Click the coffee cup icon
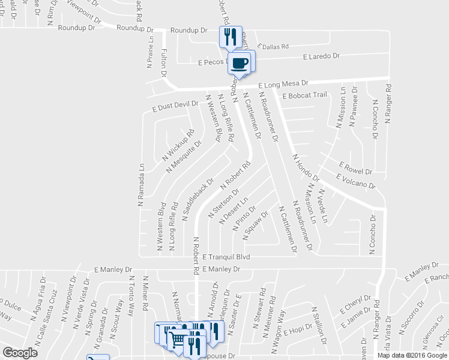click(x=240, y=63)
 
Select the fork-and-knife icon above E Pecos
click(x=230, y=38)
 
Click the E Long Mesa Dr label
click(x=283, y=84)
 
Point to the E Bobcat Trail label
click(x=304, y=95)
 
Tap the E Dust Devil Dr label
click(x=175, y=106)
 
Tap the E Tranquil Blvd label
click(x=225, y=257)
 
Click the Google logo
click(x=20, y=353)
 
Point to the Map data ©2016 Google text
click(x=411, y=355)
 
